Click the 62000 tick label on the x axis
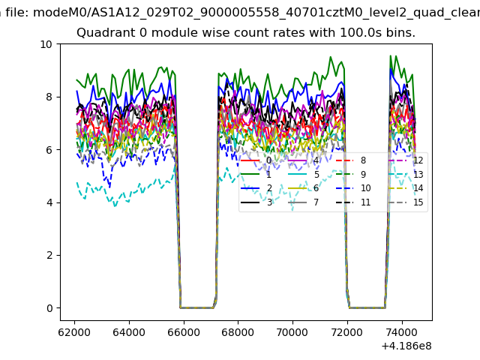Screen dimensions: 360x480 point(75,331)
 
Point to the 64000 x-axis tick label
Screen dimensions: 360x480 point(129,331)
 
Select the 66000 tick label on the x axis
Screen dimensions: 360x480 point(184,331)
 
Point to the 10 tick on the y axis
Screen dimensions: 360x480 point(46,44)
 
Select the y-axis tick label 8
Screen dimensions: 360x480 point(49,97)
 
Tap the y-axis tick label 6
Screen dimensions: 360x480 point(49,150)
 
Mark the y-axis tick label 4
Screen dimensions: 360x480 point(49,202)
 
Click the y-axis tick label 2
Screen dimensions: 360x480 point(49,255)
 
